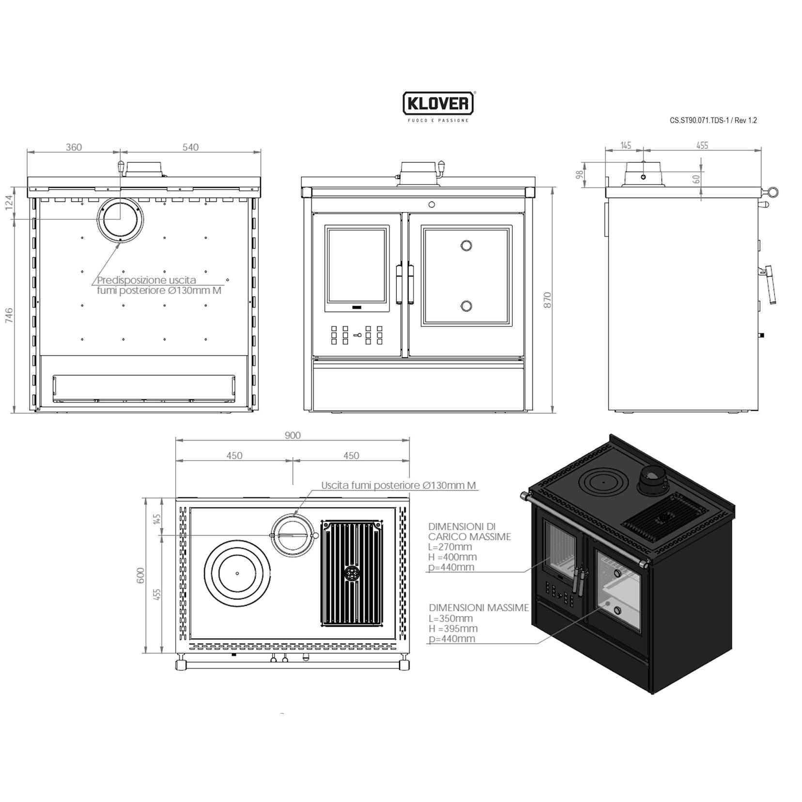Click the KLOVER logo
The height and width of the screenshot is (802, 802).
(x=438, y=103)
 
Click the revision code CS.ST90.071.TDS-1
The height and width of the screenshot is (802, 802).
(x=699, y=121)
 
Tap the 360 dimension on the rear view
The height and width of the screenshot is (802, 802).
(x=74, y=147)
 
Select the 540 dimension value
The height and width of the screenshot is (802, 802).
(x=190, y=147)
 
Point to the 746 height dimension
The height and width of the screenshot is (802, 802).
(x=9, y=316)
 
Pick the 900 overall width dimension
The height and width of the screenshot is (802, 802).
(x=293, y=435)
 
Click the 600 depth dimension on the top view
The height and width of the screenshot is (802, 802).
(x=141, y=575)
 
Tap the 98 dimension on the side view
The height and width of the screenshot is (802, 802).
(x=580, y=174)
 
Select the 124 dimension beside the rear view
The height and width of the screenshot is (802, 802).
(x=9, y=202)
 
